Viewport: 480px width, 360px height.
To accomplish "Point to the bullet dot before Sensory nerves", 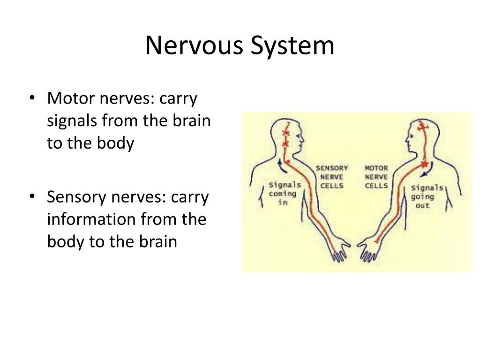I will click(31, 197).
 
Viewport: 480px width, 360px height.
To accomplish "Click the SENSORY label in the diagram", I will click(331, 168).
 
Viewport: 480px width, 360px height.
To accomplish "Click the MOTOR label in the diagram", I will click(376, 168).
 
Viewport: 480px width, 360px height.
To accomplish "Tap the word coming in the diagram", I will click(282, 194).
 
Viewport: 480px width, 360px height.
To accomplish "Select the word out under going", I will click(422, 205).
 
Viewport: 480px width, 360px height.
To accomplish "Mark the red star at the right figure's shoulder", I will click(424, 164).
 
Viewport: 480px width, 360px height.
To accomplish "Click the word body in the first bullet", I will click(113, 143).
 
